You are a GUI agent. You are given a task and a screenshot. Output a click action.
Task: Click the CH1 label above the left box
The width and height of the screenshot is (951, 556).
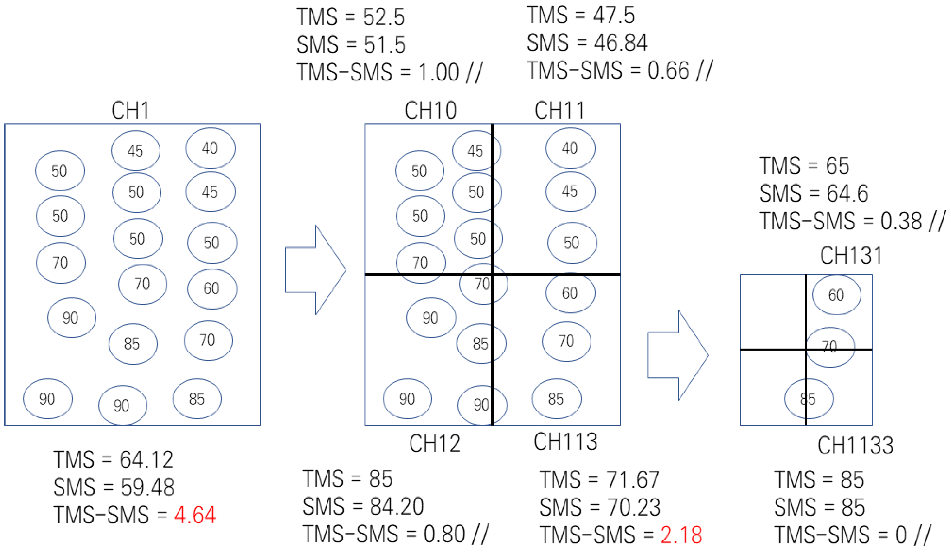[x=130, y=111]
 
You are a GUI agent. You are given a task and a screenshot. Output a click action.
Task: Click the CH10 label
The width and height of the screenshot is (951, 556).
[x=431, y=111]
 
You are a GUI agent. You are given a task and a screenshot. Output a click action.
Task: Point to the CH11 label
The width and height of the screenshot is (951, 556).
[x=559, y=111]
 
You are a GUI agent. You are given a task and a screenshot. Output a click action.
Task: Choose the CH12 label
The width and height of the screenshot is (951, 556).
[x=435, y=443]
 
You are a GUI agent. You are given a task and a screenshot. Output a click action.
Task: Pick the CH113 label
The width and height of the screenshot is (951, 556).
[x=565, y=441]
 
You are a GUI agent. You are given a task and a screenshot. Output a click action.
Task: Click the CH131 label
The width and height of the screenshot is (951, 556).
[x=851, y=255]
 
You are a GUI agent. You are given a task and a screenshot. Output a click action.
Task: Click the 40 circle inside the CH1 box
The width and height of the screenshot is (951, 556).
[x=210, y=148]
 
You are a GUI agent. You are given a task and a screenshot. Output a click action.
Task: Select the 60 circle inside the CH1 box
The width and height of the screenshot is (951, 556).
[x=212, y=289]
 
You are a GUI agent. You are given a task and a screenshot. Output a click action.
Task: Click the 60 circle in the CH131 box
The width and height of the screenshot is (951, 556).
[x=836, y=295]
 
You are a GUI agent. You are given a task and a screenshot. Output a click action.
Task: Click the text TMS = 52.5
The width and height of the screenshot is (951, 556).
[x=350, y=17]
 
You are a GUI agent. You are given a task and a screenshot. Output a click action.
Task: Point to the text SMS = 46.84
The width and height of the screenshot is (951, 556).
[x=587, y=43]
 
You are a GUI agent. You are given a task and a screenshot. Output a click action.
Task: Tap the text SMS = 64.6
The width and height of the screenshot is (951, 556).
[x=814, y=194]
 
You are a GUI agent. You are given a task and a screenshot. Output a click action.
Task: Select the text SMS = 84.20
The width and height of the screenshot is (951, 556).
[x=363, y=507]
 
